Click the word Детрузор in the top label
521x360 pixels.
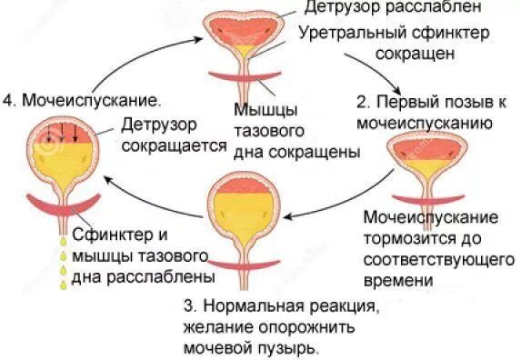[337, 8]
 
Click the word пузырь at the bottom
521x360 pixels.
[293, 347]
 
